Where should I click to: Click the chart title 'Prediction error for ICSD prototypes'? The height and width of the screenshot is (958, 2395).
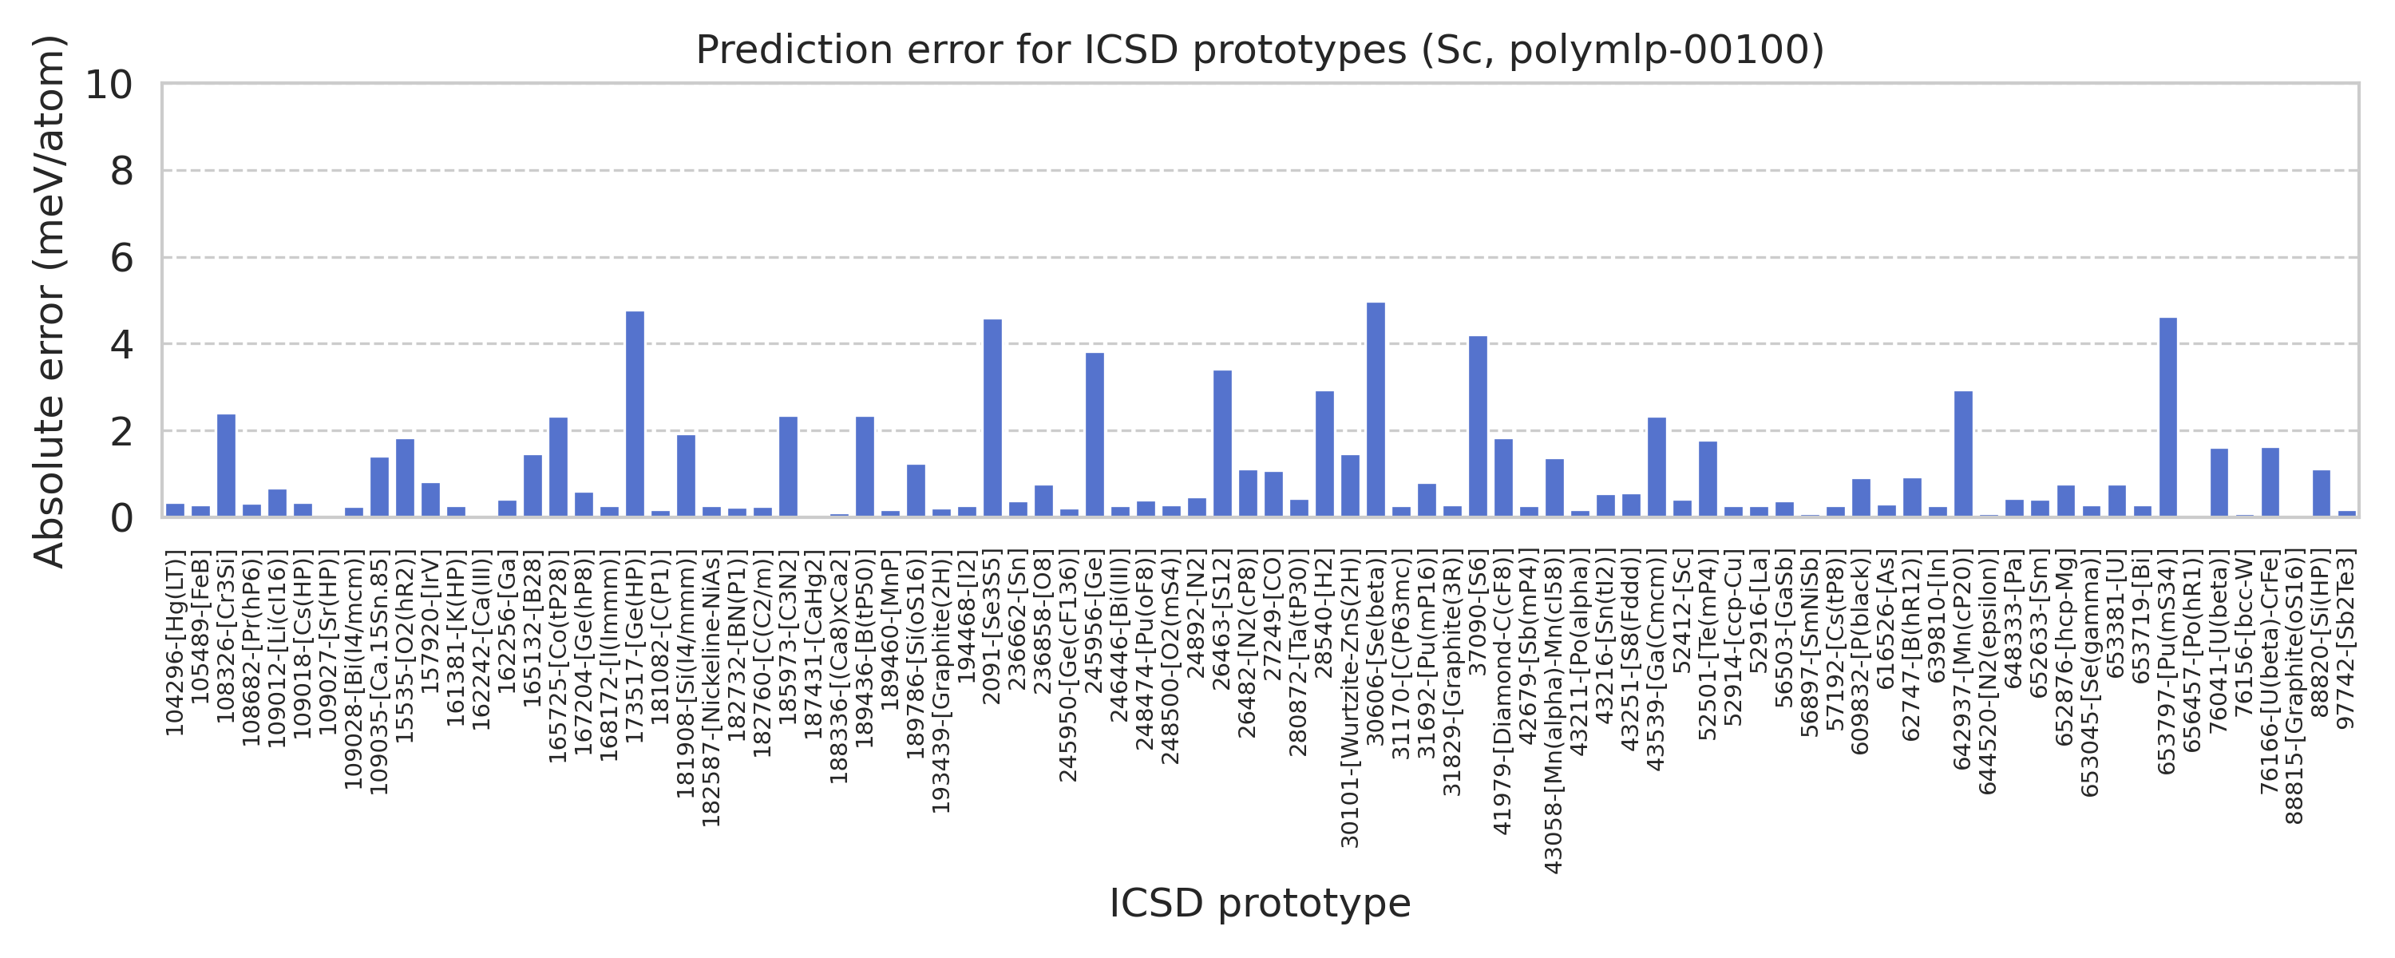tap(1260, 50)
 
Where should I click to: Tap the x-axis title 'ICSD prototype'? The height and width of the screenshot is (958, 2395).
tap(1260, 903)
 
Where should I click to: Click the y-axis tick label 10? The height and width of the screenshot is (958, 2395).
tap(109, 85)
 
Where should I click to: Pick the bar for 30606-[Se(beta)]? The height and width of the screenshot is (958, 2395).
tap(1376, 410)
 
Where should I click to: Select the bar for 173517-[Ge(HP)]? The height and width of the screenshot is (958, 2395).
tap(635, 414)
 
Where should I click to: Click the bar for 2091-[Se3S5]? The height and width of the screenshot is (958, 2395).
tap(993, 418)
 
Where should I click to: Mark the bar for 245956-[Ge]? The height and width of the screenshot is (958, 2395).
tap(1095, 434)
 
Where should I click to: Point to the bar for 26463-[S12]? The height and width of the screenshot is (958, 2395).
tap(1222, 444)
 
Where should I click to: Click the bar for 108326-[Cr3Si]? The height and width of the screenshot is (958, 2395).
tap(226, 465)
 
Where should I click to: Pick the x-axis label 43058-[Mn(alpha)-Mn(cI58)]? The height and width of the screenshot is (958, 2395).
tap(1554, 711)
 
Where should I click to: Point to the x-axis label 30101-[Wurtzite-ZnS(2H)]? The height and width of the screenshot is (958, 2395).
tap(1350, 699)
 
